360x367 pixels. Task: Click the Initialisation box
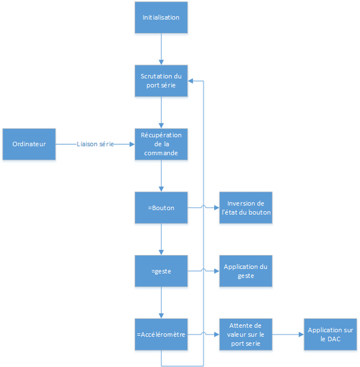tap(161, 18)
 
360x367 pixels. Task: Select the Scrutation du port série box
tap(161, 81)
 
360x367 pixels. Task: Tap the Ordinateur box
tap(29, 144)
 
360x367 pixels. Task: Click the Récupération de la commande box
tap(161, 144)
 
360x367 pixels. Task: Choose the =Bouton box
tap(161, 207)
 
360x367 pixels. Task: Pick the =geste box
tap(161, 271)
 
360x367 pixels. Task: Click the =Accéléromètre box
tap(161, 335)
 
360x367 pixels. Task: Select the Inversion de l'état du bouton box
tap(246, 207)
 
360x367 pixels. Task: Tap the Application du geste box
tap(246, 271)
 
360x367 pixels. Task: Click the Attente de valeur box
tap(246, 335)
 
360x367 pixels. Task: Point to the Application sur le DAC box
tap(330, 335)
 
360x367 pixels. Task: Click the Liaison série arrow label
tap(95, 144)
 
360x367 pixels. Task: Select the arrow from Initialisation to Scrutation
tap(161, 49)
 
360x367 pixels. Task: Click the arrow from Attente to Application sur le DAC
tap(288, 335)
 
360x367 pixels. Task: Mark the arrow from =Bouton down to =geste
tap(161, 239)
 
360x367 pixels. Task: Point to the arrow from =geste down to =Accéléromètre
tap(161, 303)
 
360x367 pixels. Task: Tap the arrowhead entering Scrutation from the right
tap(190, 81)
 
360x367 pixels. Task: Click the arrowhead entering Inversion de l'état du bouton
tap(217, 207)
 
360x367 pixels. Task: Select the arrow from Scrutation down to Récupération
tap(161, 113)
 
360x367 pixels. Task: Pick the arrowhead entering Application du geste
tap(217, 271)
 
